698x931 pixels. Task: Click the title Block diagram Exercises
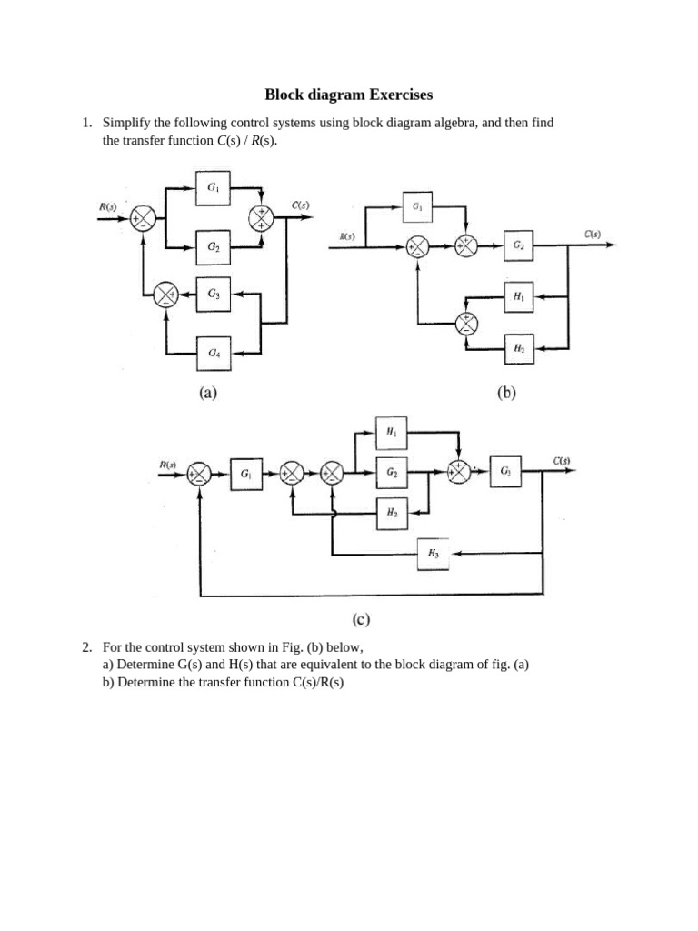coord(349,95)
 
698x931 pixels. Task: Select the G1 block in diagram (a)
coord(213,189)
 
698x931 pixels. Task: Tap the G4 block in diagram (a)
coord(213,353)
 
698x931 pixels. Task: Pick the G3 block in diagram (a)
coord(213,294)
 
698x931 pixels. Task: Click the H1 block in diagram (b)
coord(518,296)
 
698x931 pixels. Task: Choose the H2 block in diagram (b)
coord(518,348)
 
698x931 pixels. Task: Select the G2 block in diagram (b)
coord(518,245)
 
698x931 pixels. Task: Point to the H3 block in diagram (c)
coord(433,554)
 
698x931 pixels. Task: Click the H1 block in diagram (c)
coord(391,434)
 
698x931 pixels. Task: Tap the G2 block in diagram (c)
coord(391,473)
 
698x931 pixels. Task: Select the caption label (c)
coord(360,620)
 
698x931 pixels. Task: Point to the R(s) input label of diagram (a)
coord(107,206)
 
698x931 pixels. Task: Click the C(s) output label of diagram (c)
coord(561,460)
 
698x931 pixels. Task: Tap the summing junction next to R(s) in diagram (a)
coord(143,218)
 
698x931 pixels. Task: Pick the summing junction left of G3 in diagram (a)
coord(165,294)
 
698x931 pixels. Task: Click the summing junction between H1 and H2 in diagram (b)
coord(467,322)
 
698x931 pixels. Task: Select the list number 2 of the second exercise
coord(86,648)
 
